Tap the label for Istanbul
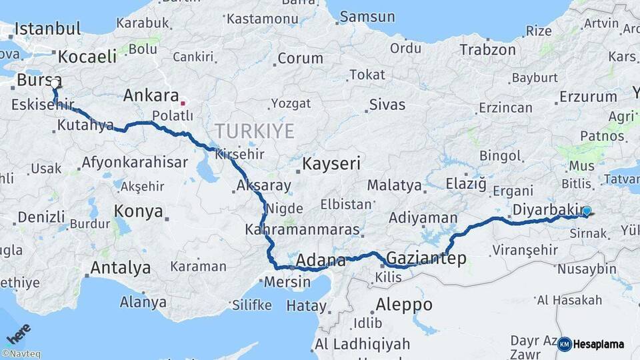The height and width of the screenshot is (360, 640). [x=47, y=29]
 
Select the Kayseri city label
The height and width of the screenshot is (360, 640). [x=331, y=163]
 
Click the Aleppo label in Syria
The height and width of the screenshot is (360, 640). [x=403, y=305]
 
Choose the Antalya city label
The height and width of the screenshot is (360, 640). [x=120, y=268]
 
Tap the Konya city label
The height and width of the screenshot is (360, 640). [x=139, y=211]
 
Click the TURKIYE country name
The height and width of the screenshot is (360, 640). [x=254, y=131]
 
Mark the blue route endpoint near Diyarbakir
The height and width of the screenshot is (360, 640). [x=586, y=211]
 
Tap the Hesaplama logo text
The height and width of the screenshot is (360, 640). [x=599, y=345]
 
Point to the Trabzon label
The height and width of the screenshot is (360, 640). [x=487, y=50]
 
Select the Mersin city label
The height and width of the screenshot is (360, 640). [x=287, y=281]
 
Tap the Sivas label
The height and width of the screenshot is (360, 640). [x=387, y=104]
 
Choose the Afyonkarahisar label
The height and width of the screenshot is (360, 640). [x=125, y=162]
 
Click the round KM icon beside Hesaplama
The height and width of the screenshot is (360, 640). [x=564, y=344]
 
